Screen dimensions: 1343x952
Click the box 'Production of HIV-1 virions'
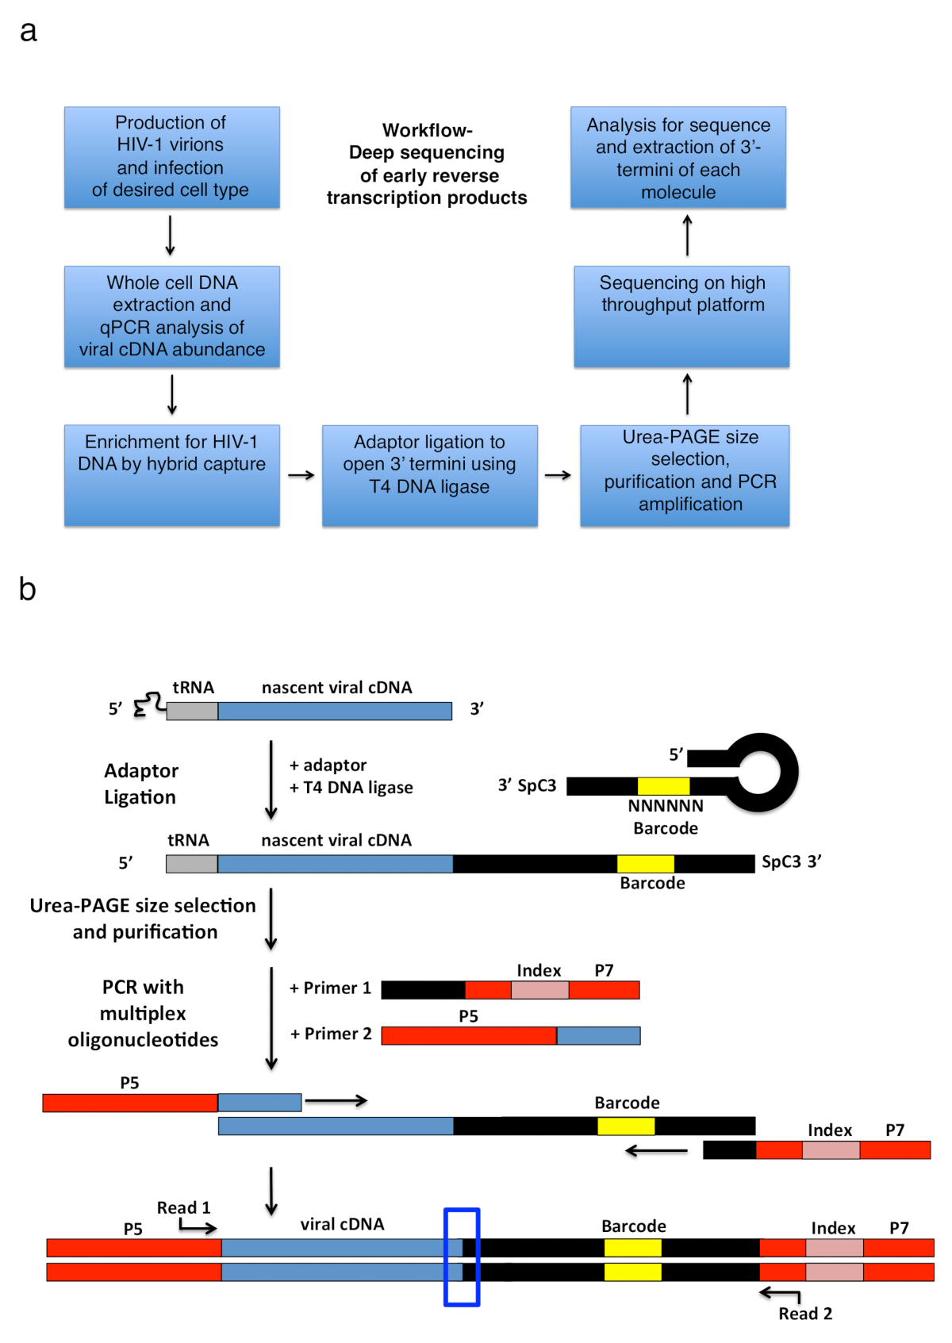(x=171, y=157)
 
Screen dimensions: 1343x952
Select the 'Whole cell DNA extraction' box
(x=171, y=316)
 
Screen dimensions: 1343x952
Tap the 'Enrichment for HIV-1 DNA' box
(x=171, y=475)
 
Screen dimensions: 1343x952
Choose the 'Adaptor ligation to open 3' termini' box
(x=429, y=475)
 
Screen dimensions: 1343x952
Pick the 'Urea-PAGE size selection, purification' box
(x=684, y=475)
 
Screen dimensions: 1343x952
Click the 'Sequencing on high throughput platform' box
(x=681, y=316)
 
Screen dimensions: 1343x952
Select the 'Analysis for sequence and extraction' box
(x=678, y=157)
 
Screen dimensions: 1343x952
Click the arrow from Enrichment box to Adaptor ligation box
(x=301, y=475)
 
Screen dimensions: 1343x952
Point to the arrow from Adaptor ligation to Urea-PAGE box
(x=558, y=475)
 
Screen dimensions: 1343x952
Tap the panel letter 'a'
(x=29, y=32)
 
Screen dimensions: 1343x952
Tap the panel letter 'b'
(x=28, y=589)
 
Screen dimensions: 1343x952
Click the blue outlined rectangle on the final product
(x=462, y=1257)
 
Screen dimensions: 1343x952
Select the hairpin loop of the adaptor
(x=762, y=772)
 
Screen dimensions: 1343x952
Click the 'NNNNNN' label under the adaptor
(x=666, y=806)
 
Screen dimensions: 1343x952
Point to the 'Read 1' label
(x=183, y=1207)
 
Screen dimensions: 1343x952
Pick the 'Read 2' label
(x=805, y=1314)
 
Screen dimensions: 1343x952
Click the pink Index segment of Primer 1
(x=539, y=990)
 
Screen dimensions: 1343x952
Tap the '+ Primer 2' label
(x=331, y=1034)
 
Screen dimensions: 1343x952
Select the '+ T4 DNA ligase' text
(x=351, y=788)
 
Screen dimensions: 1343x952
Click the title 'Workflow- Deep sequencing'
(x=427, y=164)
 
